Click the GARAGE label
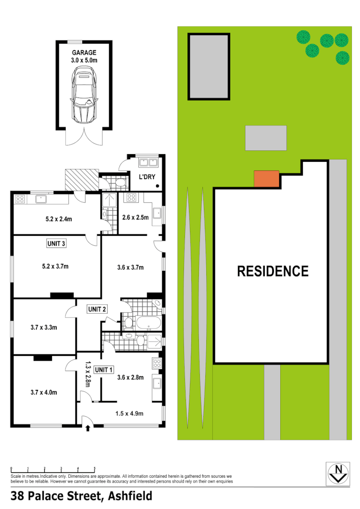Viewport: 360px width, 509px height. click(84, 52)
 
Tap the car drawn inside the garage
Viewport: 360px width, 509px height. click(84, 94)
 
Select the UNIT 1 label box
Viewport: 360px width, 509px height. click(103, 369)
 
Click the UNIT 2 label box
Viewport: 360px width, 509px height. click(97, 309)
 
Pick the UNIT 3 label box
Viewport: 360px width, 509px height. click(56, 243)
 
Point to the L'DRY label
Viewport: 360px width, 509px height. click(147, 177)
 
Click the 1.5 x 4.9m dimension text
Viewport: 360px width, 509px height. click(130, 413)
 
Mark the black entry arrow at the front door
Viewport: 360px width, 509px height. click(87, 427)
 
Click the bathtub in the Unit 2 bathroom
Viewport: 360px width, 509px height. click(149, 322)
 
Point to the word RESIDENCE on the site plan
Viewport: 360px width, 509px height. click(273, 271)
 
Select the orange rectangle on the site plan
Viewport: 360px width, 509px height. click(266, 179)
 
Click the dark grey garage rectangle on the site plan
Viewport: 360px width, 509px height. click(209, 66)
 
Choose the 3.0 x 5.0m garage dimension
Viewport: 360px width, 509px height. click(84, 61)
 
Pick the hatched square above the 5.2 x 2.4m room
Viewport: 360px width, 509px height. click(82, 180)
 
